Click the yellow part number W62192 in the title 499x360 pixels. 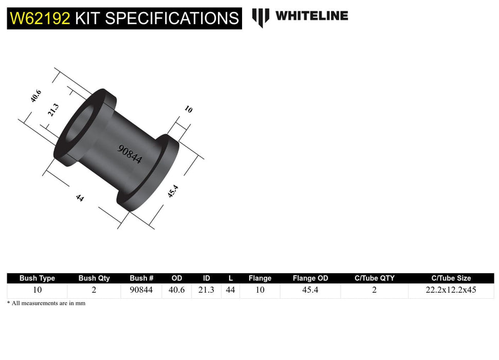[39, 19]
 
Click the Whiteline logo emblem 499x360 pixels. [261, 17]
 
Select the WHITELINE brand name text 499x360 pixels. [311, 16]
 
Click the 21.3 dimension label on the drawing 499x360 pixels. [53, 110]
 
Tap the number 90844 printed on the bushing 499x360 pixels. [130, 154]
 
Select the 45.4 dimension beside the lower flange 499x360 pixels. [173, 192]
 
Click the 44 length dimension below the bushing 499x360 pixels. [80, 197]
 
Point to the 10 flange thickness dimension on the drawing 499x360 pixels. [188, 109]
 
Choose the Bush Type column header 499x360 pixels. [37, 278]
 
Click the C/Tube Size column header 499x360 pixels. [451, 278]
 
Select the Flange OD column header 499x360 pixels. [311, 278]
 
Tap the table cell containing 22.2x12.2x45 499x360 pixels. [451, 290]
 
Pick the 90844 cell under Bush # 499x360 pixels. [141, 290]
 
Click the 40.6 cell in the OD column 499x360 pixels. [177, 290]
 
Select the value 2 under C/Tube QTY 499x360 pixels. [374, 290]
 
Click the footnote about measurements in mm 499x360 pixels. [46, 303]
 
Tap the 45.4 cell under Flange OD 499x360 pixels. [311, 290]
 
